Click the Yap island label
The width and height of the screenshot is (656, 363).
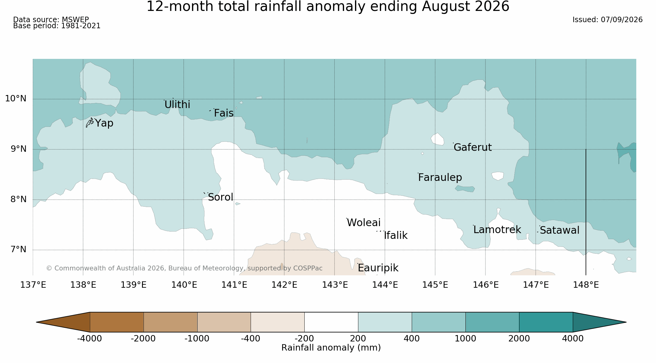tap(104, 124)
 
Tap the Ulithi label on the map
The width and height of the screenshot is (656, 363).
tap(177, 105)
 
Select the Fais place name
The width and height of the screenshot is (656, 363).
tap(224, 113)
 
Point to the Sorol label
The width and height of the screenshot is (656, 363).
tap(221, 197)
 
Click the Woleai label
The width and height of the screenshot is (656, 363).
tap(364, 223)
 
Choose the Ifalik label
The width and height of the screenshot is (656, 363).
tap(396, 236)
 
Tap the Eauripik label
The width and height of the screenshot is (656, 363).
tap(378, 268)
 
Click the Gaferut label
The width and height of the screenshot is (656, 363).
tap(472, 148)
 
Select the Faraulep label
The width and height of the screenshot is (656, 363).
tap(440, 178)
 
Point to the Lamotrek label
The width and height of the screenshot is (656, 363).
tap(497, 230)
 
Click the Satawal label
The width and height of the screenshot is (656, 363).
tap(560, 230)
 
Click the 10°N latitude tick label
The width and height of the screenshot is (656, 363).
tap(16, 99)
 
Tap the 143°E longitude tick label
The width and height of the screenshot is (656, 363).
tap(335, 285)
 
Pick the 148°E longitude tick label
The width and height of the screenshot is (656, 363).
tap(586, 285)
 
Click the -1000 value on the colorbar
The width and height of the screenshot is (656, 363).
tap(197, 339)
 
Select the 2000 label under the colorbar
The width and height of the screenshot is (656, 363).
tap(519, 339)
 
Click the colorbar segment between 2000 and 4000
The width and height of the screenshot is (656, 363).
tap(546, 322)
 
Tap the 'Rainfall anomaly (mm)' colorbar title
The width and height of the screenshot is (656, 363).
tap(331, 348)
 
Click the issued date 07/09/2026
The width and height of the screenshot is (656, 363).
tap(622, 20)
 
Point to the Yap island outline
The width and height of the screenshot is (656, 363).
tap(90, 123)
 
